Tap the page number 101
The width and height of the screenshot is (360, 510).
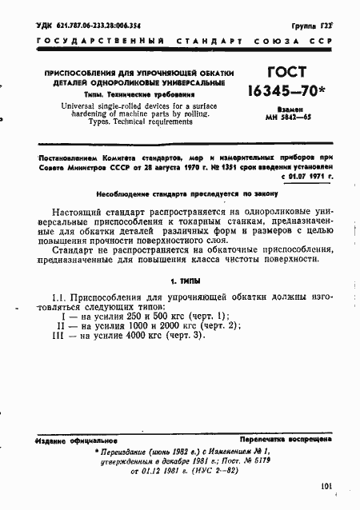click(x=324, y=484)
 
